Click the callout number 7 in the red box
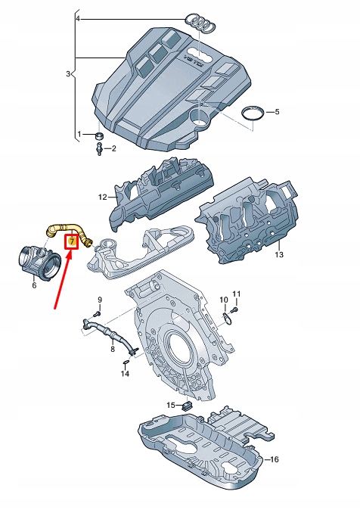tap(72, 241)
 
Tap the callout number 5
tap(277, 112)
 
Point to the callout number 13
tap(278, 255)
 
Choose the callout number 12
tap(103, 198)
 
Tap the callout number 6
tap(33, 285)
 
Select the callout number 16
tap(275, 459)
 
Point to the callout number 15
tap(171, 406)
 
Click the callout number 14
tap(125, 374)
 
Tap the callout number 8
tap(112, 348)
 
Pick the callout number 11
tap(235, 294)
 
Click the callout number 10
tap(223, 300)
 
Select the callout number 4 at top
tap(78, 17)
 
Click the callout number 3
tap(67, 74)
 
